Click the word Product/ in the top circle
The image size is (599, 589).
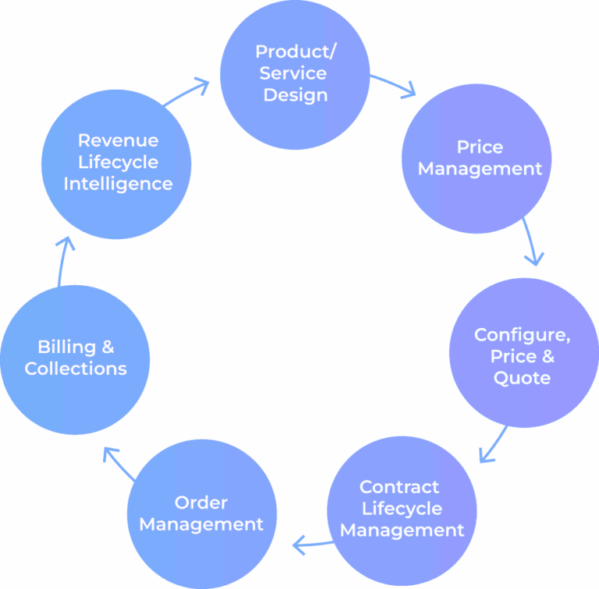(296, 51)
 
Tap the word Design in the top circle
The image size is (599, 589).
(296, 95)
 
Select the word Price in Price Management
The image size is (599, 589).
(480, 147)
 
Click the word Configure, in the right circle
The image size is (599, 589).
(522, 334)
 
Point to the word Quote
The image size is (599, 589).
(522, 378)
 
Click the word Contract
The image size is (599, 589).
(399, 487)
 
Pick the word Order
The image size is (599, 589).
(201, 503)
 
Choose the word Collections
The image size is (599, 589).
(76, 369)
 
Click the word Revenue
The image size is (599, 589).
(118, 140)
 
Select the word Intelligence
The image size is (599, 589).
(118, 184)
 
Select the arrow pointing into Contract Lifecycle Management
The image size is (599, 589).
(492, 445)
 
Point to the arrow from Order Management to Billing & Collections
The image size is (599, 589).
(118, 463)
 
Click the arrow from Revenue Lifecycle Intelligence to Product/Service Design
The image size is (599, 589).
(188, 92)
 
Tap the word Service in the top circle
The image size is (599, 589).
(293, 73)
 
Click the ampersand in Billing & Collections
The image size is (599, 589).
(108, 347)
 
